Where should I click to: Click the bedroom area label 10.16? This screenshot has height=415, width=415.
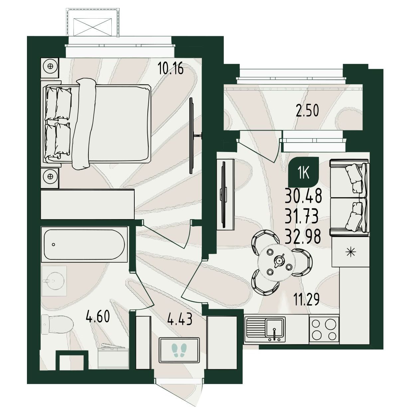pos(170,68)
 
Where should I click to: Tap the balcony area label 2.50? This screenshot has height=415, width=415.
pos(307,110)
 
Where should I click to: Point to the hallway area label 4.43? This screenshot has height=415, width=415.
pos(180,319)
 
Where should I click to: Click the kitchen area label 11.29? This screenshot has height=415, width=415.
pos(307,299)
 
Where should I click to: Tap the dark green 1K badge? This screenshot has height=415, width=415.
pos(304,172)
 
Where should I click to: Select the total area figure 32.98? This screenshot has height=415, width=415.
pos(303,236)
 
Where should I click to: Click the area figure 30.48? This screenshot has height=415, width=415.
pos(304,196)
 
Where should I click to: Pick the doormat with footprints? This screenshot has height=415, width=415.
pos(179,350)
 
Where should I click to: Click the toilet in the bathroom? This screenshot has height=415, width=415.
pos(57,324)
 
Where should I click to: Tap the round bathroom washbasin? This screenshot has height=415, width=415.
pos(54,281)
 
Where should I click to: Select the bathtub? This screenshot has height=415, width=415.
pos(84,244)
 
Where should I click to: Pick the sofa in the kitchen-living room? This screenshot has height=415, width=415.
pos(349,198)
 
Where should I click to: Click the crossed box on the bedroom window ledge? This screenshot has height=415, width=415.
pos(92,27)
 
